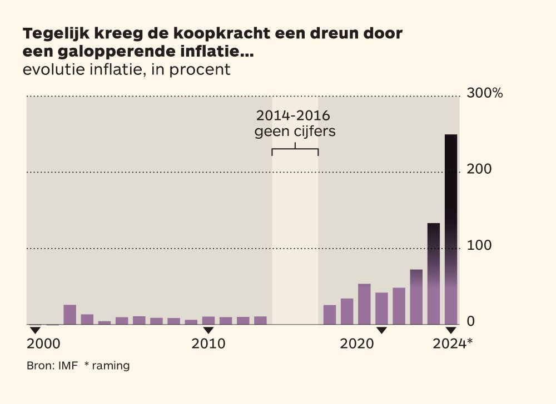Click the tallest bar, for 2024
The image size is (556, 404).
[451, 229]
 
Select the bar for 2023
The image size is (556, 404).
[433, 274]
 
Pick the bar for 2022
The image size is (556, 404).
[416, 297]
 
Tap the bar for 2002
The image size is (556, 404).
[70, 315]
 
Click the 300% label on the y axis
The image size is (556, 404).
[485, 93]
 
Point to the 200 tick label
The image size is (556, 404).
[479, 169]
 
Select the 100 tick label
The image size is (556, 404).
[479, 245]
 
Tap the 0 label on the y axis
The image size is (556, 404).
[470, 321]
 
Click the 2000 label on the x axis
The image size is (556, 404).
[43, 344]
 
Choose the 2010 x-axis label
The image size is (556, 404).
[209, 344]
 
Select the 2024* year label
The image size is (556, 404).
[453, 343]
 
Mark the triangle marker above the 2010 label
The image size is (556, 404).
[208, 330]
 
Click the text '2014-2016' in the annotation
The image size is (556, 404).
[293, 115]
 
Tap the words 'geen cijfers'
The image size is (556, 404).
[295, 132]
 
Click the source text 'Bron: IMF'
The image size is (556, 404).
[52, 366]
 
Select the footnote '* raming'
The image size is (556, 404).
[107, 366]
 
